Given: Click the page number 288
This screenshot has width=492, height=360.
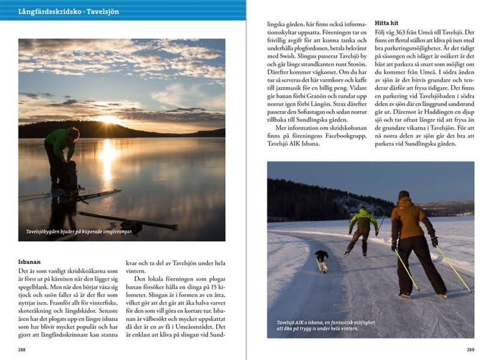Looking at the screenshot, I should pos(23,349).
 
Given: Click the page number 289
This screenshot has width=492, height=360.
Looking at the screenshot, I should pos(470,349).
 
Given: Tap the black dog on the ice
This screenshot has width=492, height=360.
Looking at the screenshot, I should pos(323,260).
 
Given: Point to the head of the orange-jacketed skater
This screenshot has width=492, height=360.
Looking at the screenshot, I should pos(403,196).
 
